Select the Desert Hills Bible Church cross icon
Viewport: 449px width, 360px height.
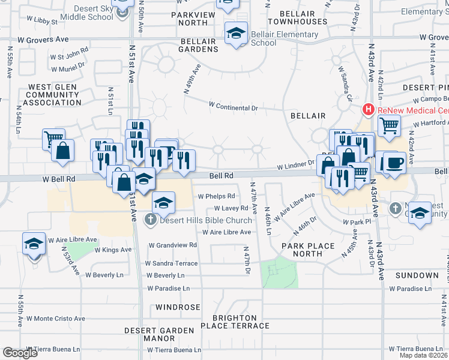(x=150, y=220)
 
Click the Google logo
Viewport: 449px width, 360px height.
(x=20, y=352)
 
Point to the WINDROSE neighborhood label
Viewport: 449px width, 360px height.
(x=178, y=307)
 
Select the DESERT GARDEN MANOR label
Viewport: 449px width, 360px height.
(x=159, y=334)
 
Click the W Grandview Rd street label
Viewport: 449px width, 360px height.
(x=172, y=245)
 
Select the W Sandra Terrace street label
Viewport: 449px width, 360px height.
(x=171, y=263)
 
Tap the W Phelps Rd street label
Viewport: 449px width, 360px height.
(x=215, y=196)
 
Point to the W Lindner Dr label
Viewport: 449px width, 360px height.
(x=295, y=163)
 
